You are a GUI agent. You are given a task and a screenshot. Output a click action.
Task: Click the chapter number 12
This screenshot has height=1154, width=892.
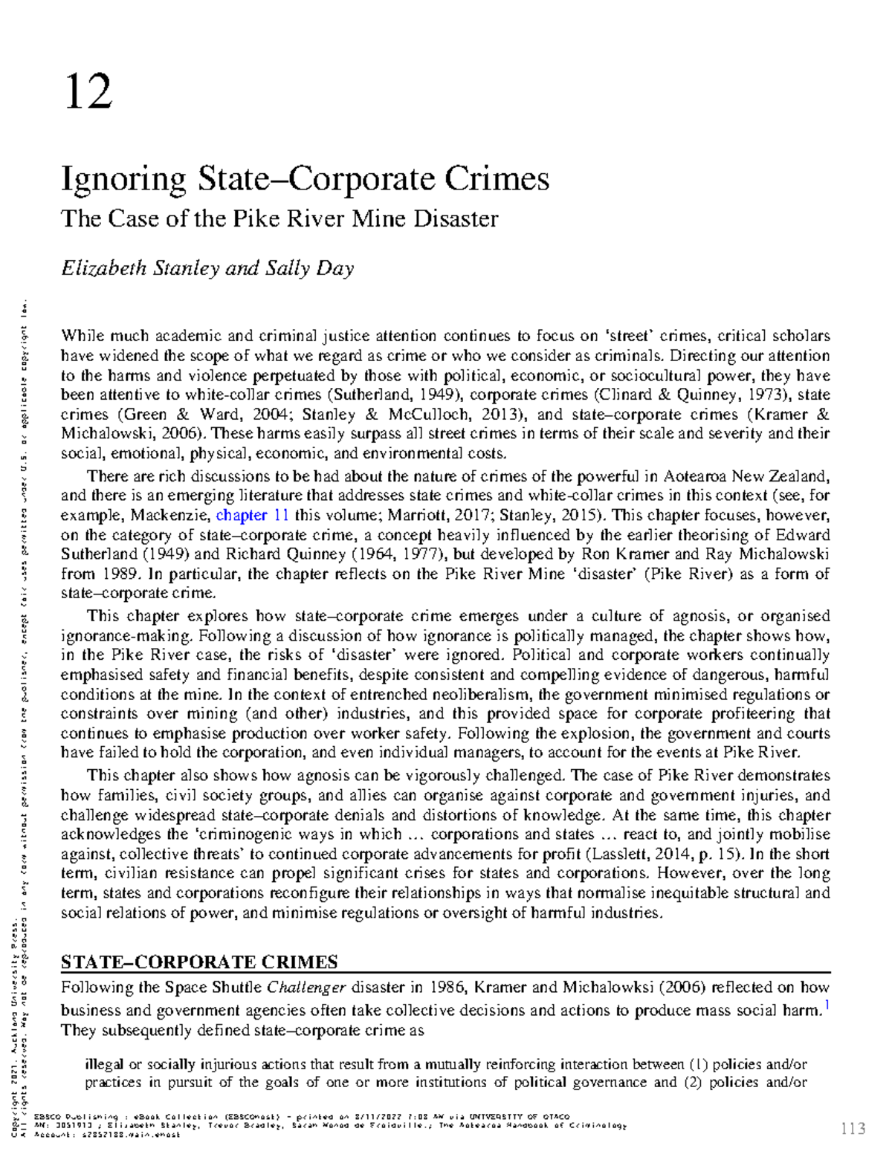[x=88, y=91]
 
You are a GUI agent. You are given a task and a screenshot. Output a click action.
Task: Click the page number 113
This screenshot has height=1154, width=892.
[x=853, y=1129]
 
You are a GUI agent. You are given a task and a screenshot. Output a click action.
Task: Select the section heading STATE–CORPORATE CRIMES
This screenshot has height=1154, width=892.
[x=198, y=962]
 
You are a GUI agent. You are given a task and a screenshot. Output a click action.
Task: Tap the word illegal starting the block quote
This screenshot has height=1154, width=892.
[x=103, y=1064]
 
